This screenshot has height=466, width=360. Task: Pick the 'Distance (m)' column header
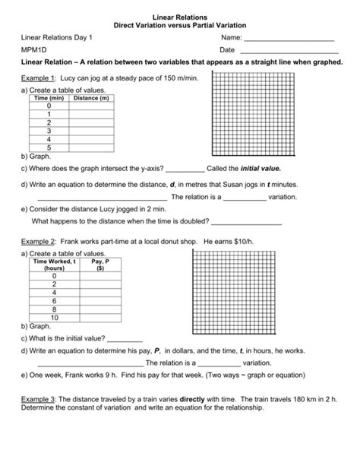pyautogui.click(x=91, y=99)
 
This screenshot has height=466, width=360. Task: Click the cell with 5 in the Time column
pyautogui.click(x=49, y=147)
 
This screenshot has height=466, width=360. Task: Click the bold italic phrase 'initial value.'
pyautogui.click(x=261, y=168)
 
